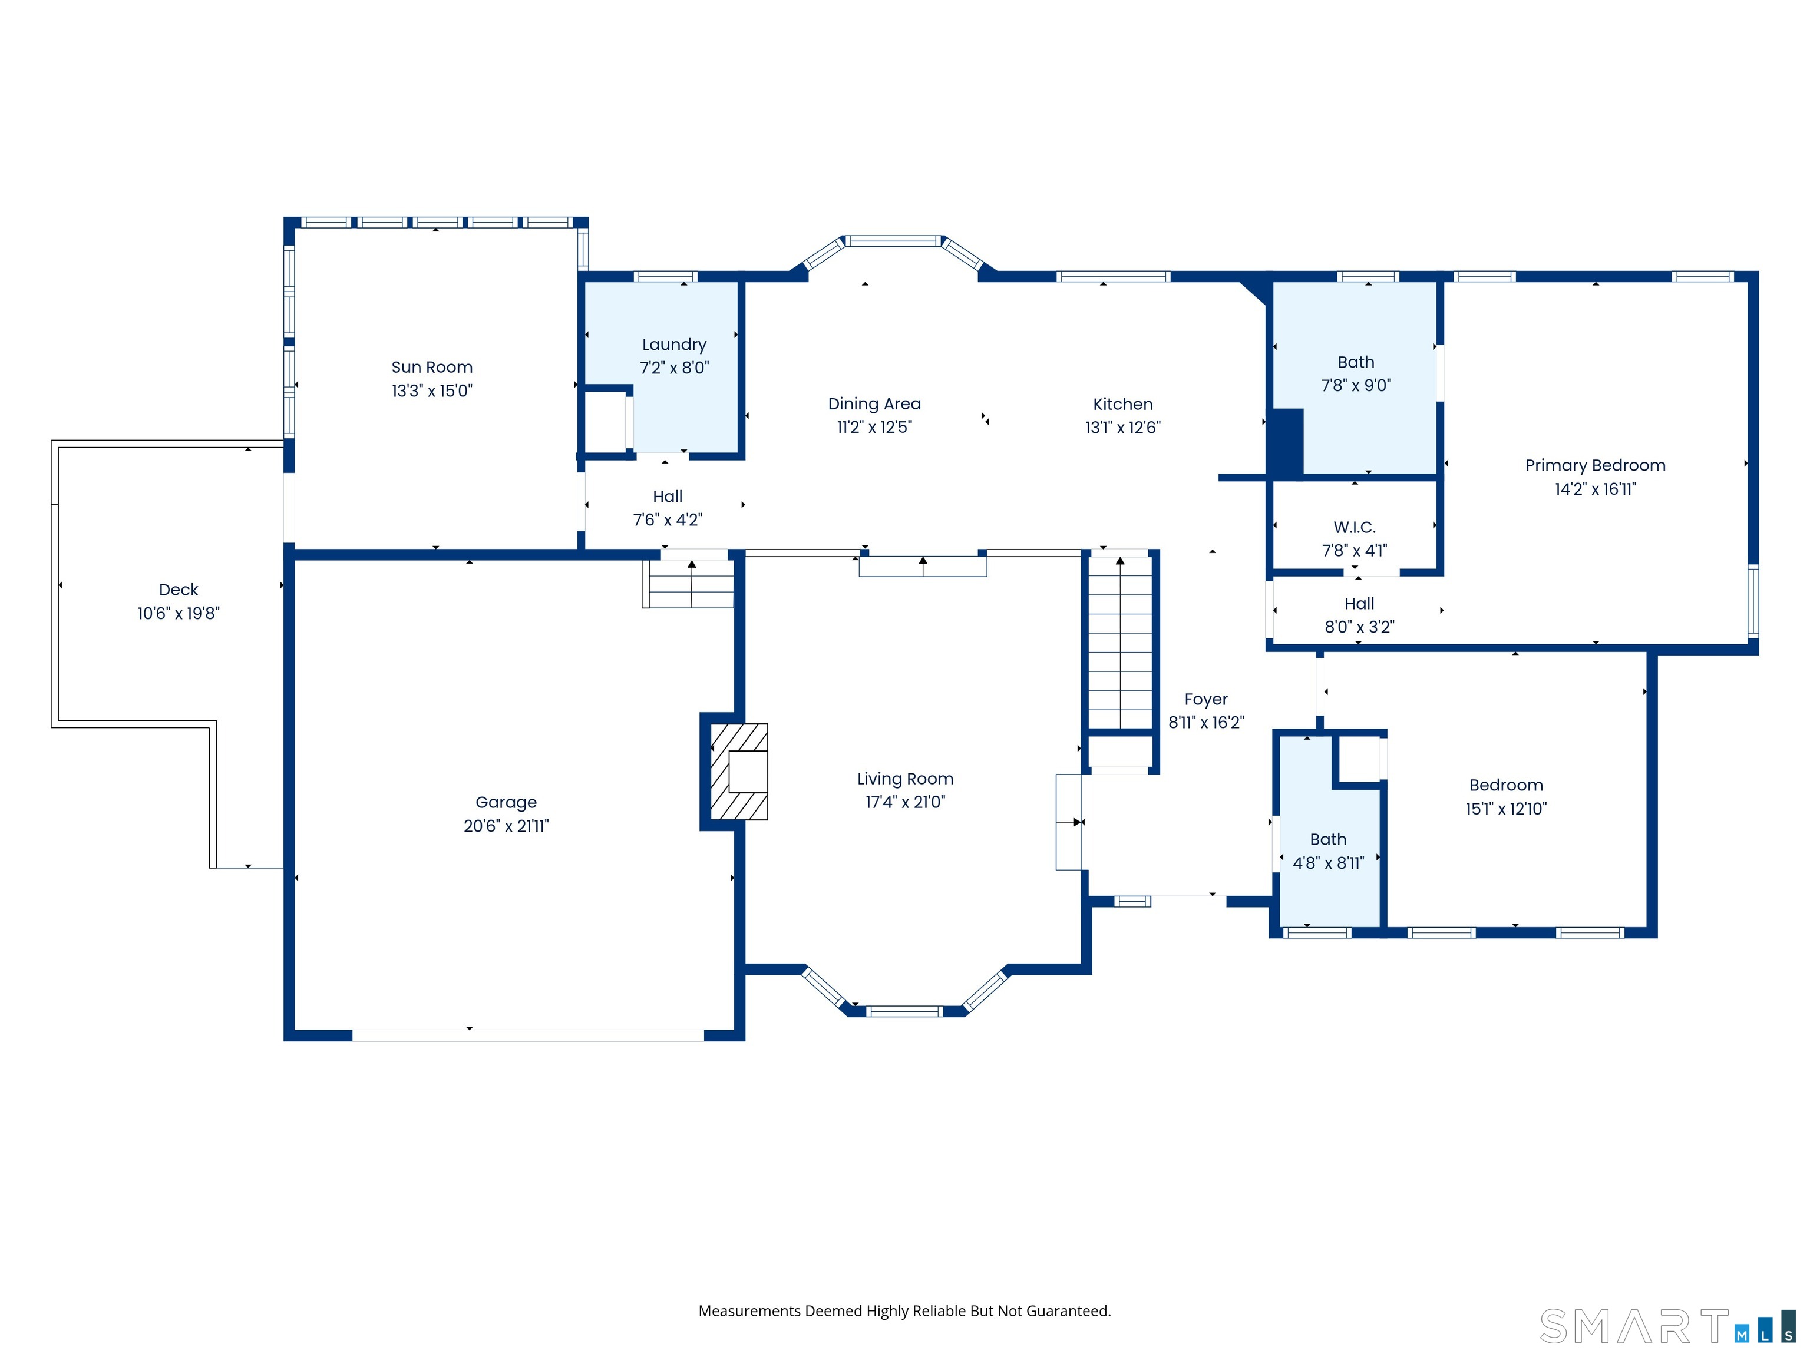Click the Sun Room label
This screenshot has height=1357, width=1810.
point(431,368)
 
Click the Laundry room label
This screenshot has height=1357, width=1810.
point(673,345)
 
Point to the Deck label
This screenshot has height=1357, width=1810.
point(179,590)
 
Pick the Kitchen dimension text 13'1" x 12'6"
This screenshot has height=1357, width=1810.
point(1122,428)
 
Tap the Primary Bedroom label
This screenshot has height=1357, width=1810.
point(1595,465)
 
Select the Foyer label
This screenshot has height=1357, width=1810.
point(1205,699)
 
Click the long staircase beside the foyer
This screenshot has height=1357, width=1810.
point(1119,642)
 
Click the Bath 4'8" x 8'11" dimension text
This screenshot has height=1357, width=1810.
point(1328,863)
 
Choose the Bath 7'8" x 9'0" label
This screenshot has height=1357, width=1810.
point(1355,362)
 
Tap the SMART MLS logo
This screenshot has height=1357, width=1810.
point(1665,1327)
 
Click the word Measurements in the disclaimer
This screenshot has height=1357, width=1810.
point(749,1311)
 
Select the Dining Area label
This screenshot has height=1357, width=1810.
point(874,404)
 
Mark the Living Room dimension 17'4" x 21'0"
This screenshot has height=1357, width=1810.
point(905,802)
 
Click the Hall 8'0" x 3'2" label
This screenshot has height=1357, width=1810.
point(1359,604)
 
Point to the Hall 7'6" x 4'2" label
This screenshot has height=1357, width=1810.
point(667,497)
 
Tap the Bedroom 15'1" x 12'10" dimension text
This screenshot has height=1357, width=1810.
point(1505,809)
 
